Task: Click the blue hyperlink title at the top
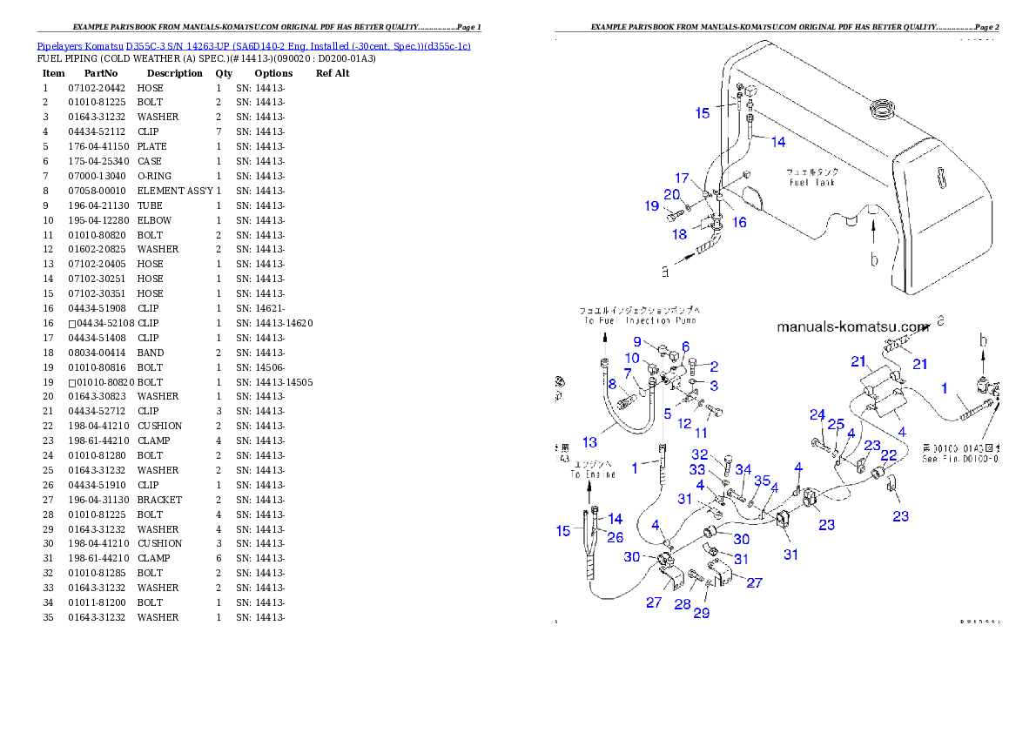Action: coord(253,46)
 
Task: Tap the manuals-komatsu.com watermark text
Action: coord(853,327)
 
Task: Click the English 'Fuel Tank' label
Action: coord(811,182)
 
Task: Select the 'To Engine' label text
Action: coord(593,474)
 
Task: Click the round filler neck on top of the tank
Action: coord(882,111)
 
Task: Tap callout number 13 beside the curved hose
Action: coord(589,442)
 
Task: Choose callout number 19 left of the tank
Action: coord(652,206)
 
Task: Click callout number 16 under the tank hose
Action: coord(739,222)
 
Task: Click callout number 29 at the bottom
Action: coord(701,613)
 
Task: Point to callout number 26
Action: coord(615,537)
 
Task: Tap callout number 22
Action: coord(889,454)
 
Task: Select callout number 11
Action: coord(701,432)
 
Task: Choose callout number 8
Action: coord(612,383)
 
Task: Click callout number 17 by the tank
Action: coord(682,178)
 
